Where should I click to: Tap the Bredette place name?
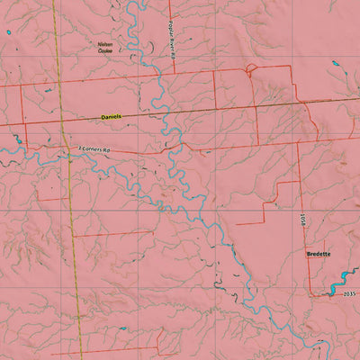click(x=319, y=255)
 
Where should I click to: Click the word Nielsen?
click(x=106, y=43)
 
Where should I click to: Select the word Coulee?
click(x=106, y=50)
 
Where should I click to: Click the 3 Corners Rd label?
click(x=94, y=148)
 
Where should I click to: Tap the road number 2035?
click(x=350, y=295)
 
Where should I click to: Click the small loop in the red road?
click(x=249, y=69)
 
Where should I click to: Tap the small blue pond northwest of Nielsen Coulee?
click(x=7, y=33)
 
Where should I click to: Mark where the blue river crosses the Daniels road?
click(x=163, y=114)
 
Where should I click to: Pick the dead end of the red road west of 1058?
click(x=262, y=222)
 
